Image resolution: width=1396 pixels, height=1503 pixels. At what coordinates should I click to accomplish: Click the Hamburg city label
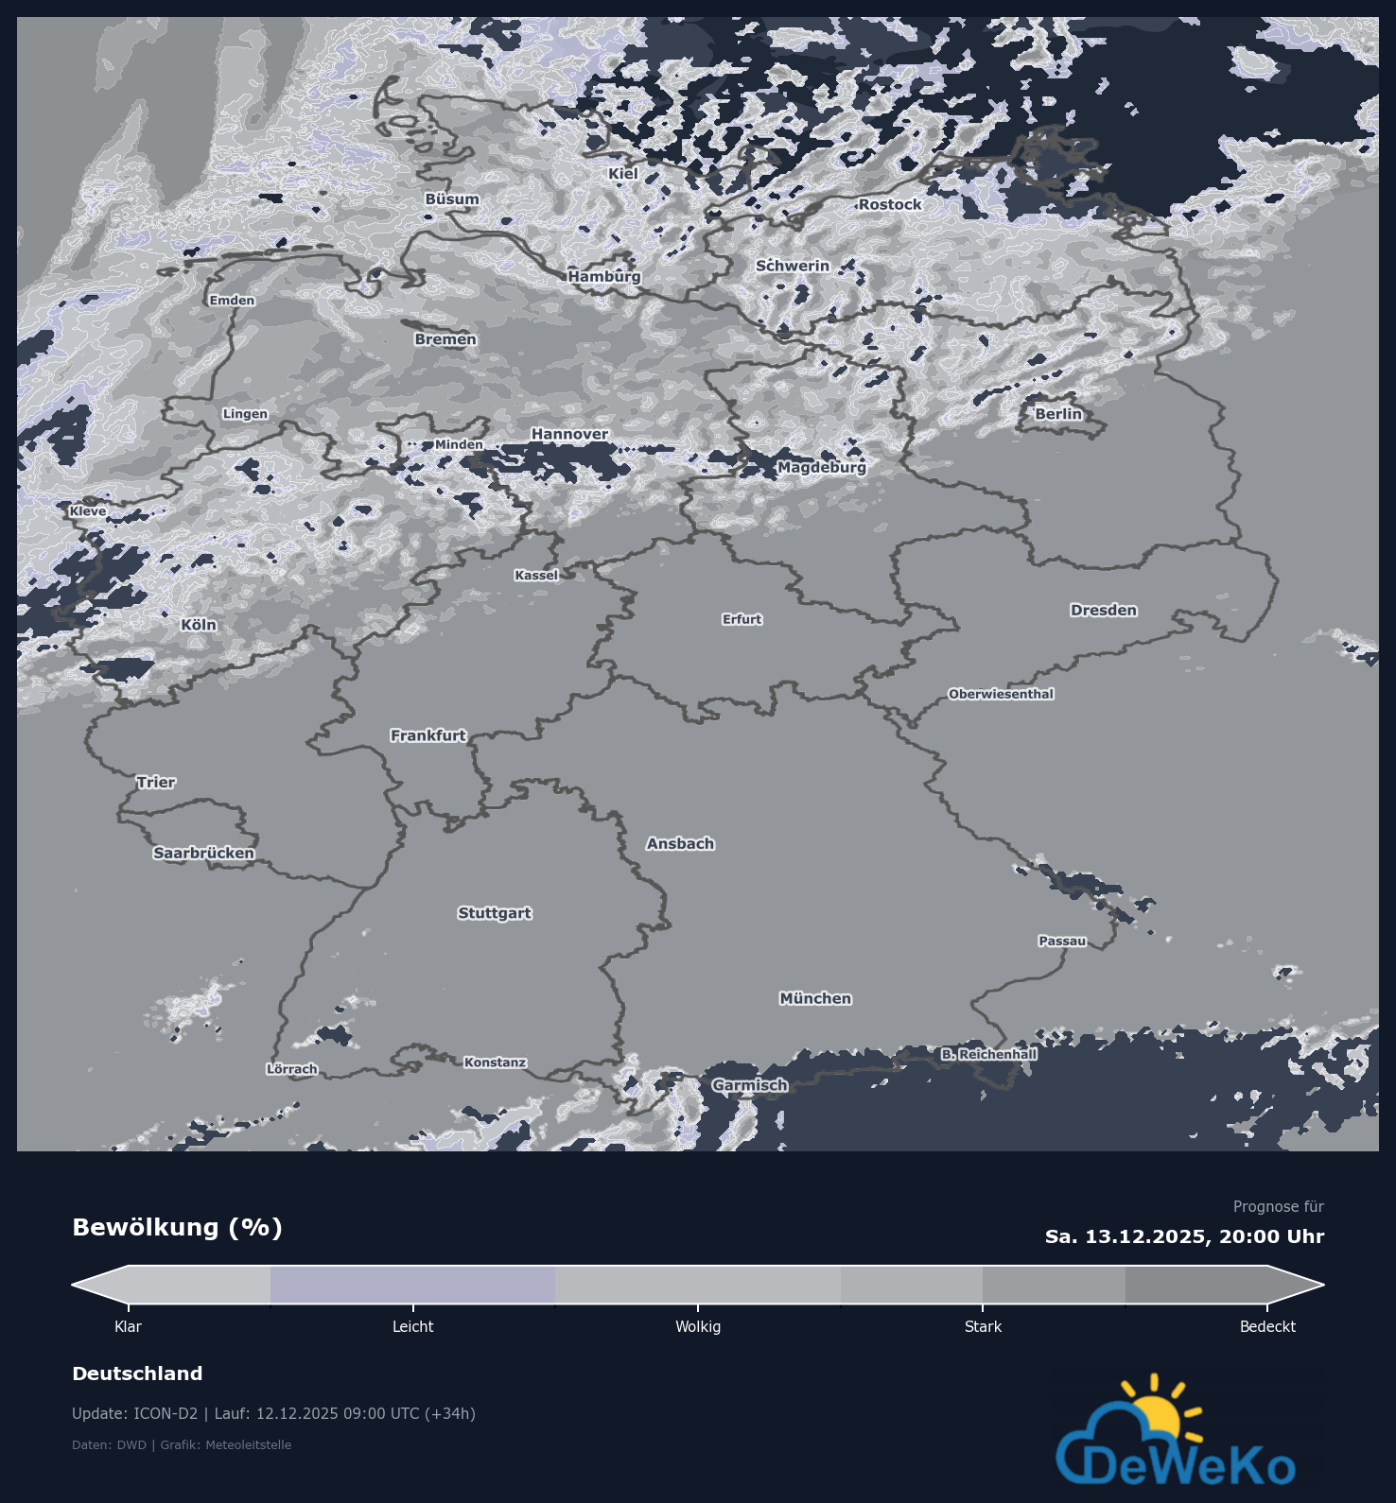click(604, 276)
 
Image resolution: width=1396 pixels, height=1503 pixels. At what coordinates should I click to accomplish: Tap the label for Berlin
click(1058, 414)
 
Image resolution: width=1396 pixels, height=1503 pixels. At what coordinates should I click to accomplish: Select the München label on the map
click(815, 998)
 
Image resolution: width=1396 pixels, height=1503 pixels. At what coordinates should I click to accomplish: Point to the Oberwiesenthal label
click(1001, 694)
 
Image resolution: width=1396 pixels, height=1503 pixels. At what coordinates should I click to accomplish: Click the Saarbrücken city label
click(204, 853)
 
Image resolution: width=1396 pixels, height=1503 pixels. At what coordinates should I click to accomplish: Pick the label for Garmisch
click(749, 1085)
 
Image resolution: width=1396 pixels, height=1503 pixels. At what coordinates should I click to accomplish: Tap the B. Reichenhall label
click(988, 1054)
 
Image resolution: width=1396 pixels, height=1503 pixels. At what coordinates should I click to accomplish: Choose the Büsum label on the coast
click(452, 199)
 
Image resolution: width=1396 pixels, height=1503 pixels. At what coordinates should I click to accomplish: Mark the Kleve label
click(88, 511)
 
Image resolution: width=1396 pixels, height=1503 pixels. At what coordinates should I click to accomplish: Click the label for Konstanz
click(495, 1062)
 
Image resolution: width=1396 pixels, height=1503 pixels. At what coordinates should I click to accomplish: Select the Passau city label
click(1062, 941)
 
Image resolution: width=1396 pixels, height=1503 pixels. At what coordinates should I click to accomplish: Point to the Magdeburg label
click(821, 467)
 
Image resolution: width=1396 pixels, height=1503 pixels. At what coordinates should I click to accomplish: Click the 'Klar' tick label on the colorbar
click(128, 1326)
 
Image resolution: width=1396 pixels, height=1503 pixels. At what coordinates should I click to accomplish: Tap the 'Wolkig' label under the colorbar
click(698, 1326)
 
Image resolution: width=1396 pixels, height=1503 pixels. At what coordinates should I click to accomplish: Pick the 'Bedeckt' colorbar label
click(1267, 1326)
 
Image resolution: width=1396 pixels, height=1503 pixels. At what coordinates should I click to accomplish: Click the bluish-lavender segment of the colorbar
click(412, 1285)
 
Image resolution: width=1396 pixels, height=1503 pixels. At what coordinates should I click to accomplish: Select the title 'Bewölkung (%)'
click(177, 1227)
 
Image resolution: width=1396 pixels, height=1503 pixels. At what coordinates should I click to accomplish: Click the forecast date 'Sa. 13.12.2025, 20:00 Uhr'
click(1184, 1236)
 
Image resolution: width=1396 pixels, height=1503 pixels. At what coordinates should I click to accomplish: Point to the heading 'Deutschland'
click(137, 1373)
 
